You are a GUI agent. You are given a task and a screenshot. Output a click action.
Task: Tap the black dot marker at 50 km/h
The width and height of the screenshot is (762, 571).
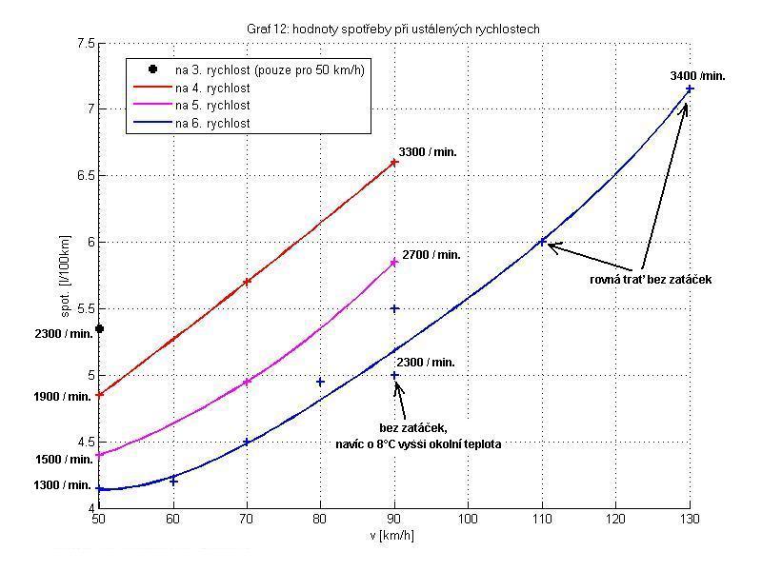pos(99,328)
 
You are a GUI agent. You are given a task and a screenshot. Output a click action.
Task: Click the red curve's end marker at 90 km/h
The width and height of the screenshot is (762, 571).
pos(394,162)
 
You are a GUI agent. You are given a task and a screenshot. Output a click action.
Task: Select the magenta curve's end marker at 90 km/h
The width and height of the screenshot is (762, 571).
pos(394,263)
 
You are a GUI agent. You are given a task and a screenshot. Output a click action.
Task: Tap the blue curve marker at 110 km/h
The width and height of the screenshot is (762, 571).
pos(543,242)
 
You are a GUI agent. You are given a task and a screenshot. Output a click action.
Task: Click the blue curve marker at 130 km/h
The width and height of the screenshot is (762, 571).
pos(690,89)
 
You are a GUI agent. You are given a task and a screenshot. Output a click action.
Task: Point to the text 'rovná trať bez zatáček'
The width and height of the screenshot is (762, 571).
pos(652,280)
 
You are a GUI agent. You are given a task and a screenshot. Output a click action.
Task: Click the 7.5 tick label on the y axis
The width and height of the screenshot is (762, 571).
pos(84,44)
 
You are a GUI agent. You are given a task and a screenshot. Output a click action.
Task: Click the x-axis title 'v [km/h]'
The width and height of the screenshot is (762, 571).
pos(393,535)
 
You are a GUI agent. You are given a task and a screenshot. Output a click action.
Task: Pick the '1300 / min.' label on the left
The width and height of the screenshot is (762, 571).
pos(63,484)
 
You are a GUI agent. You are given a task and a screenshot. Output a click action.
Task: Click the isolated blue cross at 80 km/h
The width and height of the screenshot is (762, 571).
pos(320,382)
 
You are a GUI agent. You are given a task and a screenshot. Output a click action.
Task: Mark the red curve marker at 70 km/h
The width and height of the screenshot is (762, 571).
pos(247,282)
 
